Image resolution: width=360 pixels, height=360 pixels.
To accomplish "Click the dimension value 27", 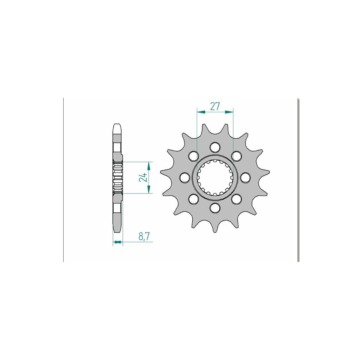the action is pyautogui.click(x=215, y=106).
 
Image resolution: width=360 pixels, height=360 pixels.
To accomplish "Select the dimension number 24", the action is pyautogui.click(x=143, y=177).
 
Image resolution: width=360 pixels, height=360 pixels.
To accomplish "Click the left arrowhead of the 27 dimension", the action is pyautogui.click(x=201, y=112).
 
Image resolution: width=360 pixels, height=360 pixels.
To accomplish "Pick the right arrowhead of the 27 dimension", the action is pyautogui.click(x=229, y=112).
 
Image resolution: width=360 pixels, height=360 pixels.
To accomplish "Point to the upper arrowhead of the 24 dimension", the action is pyautogui.click(x=149, y=166).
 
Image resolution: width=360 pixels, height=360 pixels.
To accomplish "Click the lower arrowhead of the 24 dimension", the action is pyautogui.click(x=149, y=189).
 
